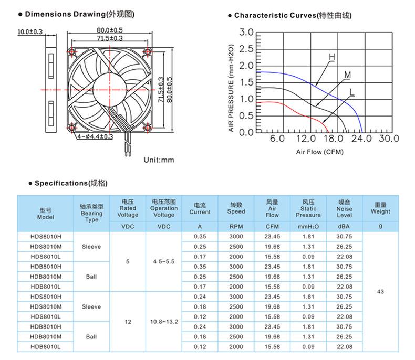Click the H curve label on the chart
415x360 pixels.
tap(332, 57)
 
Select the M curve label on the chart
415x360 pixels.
tap(347, 75)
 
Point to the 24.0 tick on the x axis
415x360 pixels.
tap(361, 139)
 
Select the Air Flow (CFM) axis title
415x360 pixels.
tap(319, 152)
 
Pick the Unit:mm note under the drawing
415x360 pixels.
tap(159, 160)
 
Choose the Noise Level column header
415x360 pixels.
tap(344, 209)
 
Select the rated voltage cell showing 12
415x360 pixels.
tap(128, 321)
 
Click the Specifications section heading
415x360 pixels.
tap(70, 183)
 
